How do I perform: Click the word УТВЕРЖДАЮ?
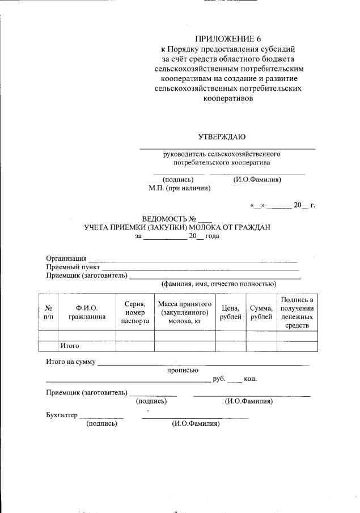[222, 137]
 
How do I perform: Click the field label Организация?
[66, 258]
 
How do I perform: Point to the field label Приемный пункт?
[73, 266]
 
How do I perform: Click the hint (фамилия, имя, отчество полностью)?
[218, 283]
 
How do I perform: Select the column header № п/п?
[48, 312]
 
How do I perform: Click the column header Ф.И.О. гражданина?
[87, 312]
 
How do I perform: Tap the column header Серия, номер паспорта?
[135, 312]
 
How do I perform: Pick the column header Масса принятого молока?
[184, 312]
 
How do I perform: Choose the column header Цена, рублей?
[231, 312]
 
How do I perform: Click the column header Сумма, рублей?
[261, 312]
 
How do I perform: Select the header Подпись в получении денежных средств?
[297, 312]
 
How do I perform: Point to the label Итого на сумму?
[71, 362]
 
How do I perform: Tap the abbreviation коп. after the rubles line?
[250, 379]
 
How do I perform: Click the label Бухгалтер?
[61, 415]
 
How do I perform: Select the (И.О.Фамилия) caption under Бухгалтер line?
[196, 423]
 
